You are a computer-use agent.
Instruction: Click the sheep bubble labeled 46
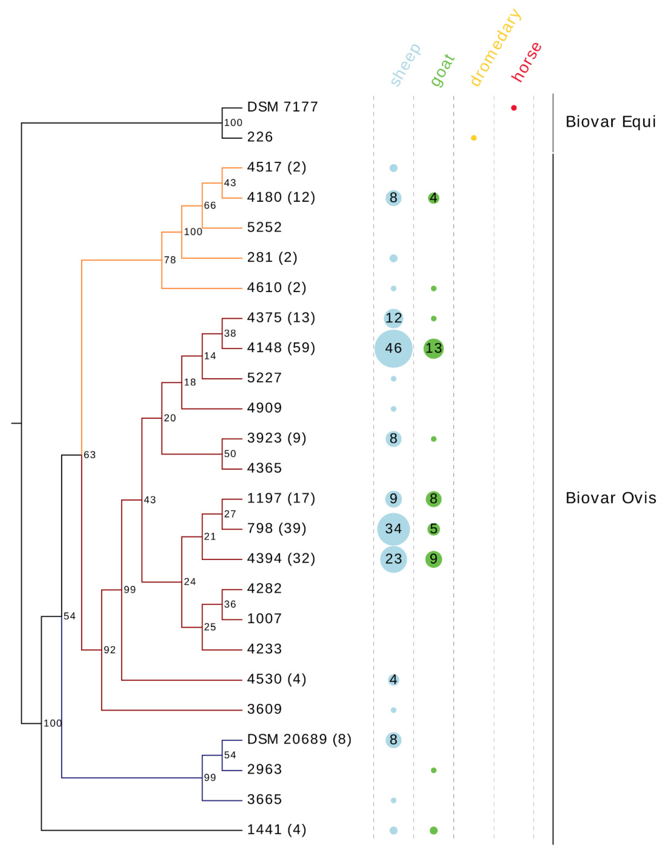[393, 348]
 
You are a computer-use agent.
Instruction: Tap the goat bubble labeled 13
[433, 348]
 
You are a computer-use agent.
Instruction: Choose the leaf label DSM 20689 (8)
[299, 739]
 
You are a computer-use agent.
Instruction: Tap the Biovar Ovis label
[611, 498]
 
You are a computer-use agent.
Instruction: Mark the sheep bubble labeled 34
[393, 529]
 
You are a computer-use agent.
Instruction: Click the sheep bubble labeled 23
[393, 559]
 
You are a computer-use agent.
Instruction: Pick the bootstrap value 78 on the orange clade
[170, 260]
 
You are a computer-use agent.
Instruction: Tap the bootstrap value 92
[109, 650]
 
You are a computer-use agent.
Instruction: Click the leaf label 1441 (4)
[276, 829]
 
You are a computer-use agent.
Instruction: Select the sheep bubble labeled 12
[393, 318]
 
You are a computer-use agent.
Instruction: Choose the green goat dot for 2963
[433, 770]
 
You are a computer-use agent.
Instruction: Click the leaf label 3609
[264, 709]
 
